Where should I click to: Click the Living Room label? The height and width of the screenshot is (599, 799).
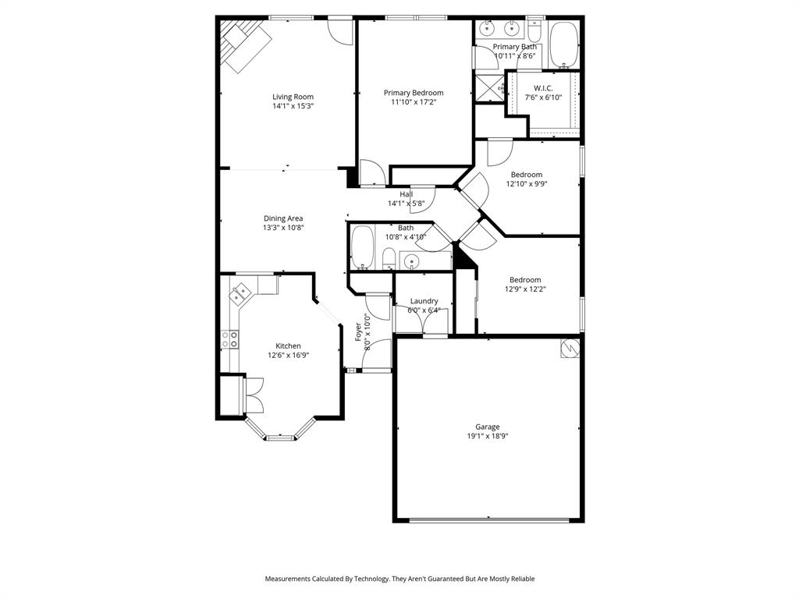tap(293, 97)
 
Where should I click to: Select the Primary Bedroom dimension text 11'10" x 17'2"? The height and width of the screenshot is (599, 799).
tap(413, 101)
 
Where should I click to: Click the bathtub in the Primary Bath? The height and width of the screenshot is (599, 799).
tap(563, 44)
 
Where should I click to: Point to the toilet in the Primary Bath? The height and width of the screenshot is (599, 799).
tap(534, 31)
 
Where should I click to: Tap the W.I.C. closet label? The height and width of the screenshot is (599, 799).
tap(543, 88)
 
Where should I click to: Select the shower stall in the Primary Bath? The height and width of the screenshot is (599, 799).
tap(490, 87)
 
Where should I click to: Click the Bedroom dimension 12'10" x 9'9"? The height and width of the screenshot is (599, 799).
tap(526, 185)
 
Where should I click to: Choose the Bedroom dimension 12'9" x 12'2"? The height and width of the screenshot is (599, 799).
tap(525, 289)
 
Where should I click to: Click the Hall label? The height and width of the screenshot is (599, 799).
tap(406, 194)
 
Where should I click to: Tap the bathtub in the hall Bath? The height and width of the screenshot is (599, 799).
tap(362, 249)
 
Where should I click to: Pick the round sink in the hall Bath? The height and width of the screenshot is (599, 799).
tap(410, 261)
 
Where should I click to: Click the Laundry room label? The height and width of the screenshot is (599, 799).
tap(424, 301)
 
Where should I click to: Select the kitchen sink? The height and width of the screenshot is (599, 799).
tap(240, 294)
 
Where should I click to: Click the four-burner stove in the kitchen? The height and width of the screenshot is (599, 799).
tap(229, 339)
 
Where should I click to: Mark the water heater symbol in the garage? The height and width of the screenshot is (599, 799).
tap(570, 348)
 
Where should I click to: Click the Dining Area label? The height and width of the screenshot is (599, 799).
tap(282, 218)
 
